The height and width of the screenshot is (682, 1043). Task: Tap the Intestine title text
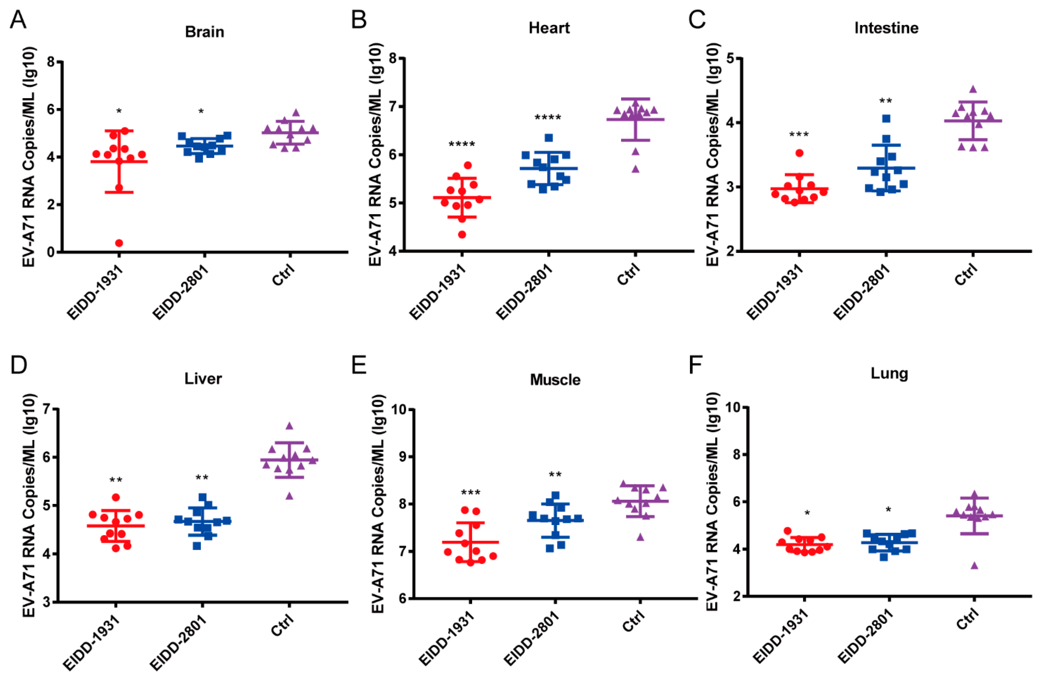point(886,28)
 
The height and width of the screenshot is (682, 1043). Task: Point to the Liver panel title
point(203,378)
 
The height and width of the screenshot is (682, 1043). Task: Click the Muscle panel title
point(555,380)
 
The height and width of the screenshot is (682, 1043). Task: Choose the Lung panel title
point(889,373)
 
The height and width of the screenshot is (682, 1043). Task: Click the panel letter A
point(18,20)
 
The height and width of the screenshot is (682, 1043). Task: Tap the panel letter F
point(696,365)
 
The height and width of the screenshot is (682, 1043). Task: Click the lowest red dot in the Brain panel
point(119,243)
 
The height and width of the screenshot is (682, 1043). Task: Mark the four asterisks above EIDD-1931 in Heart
point(462,144)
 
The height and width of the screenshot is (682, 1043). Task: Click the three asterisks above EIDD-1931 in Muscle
point(470,492)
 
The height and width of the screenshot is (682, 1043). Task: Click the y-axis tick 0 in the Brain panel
point(51,252)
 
